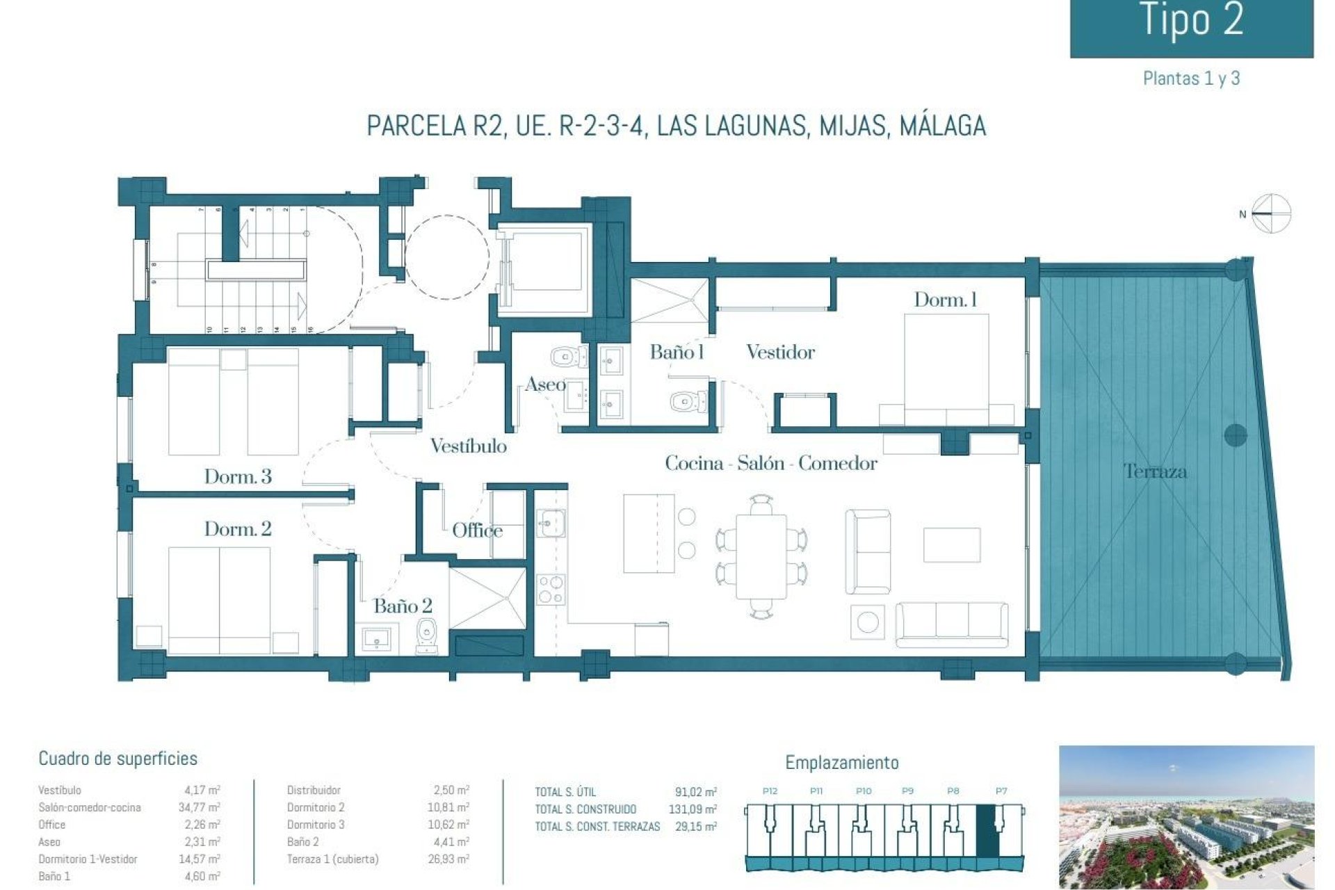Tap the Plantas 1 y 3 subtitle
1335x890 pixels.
point(1191,79)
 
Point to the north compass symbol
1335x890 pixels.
point(1271,213)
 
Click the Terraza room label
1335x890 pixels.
point(1155,471)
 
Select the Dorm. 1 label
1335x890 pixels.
point(945,300)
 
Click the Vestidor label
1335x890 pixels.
point(780,353)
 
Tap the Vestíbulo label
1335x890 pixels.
point(468,446)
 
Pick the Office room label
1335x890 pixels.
point(477,531)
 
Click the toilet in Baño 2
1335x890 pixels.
point(426,635)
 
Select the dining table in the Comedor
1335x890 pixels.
point(761,556)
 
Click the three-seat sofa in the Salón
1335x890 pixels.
point(951,624)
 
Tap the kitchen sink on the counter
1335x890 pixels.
point(550,523)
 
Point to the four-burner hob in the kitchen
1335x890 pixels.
point(550,589)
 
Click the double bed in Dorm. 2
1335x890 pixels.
point(219,599)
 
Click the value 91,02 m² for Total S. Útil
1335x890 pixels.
point(695,792)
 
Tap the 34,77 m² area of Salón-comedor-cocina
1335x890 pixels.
point(199,807)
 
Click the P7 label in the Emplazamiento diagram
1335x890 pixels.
point(1001,791)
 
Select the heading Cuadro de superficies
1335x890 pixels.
point(118,759)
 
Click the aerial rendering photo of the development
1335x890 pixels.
point(1186,817)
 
